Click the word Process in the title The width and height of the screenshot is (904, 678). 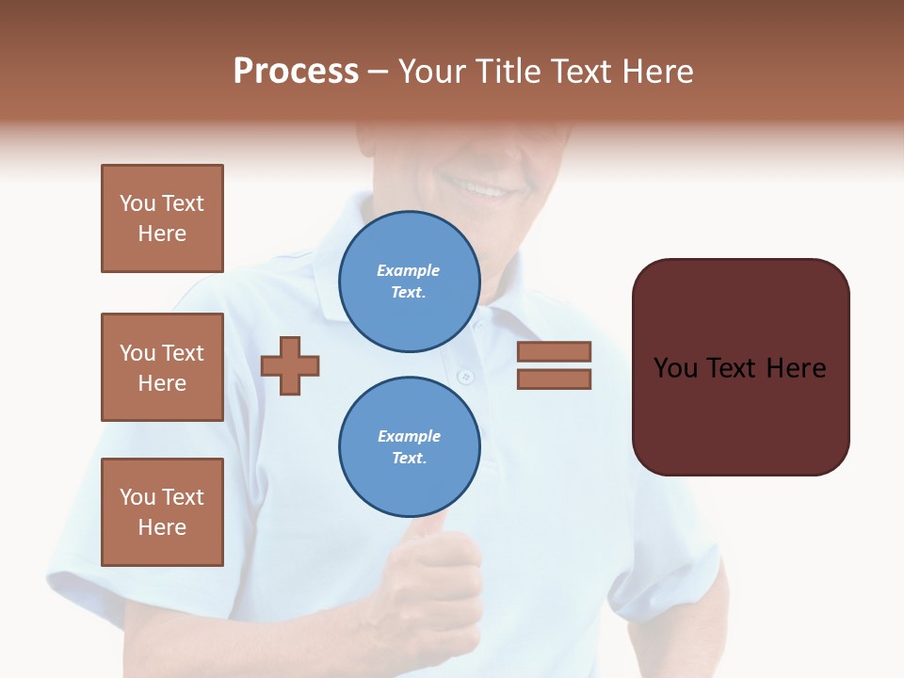coord(296,72)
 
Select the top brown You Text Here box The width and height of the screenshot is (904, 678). coord(162,218)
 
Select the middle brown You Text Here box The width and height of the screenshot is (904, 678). coord(162,367)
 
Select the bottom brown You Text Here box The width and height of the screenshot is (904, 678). coord(162,512)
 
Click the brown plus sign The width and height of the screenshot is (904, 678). coord(290,364)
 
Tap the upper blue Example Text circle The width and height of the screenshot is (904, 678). coord(409,282)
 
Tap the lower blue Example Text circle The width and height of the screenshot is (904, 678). coord(409,447)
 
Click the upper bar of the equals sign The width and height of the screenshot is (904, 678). coord(554,351)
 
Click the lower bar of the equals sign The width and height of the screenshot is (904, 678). coord(554,379)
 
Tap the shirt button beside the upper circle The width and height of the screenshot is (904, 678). coord(464,377)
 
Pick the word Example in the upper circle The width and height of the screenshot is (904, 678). coord(409,270)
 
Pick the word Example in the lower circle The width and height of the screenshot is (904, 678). coord(409,436)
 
